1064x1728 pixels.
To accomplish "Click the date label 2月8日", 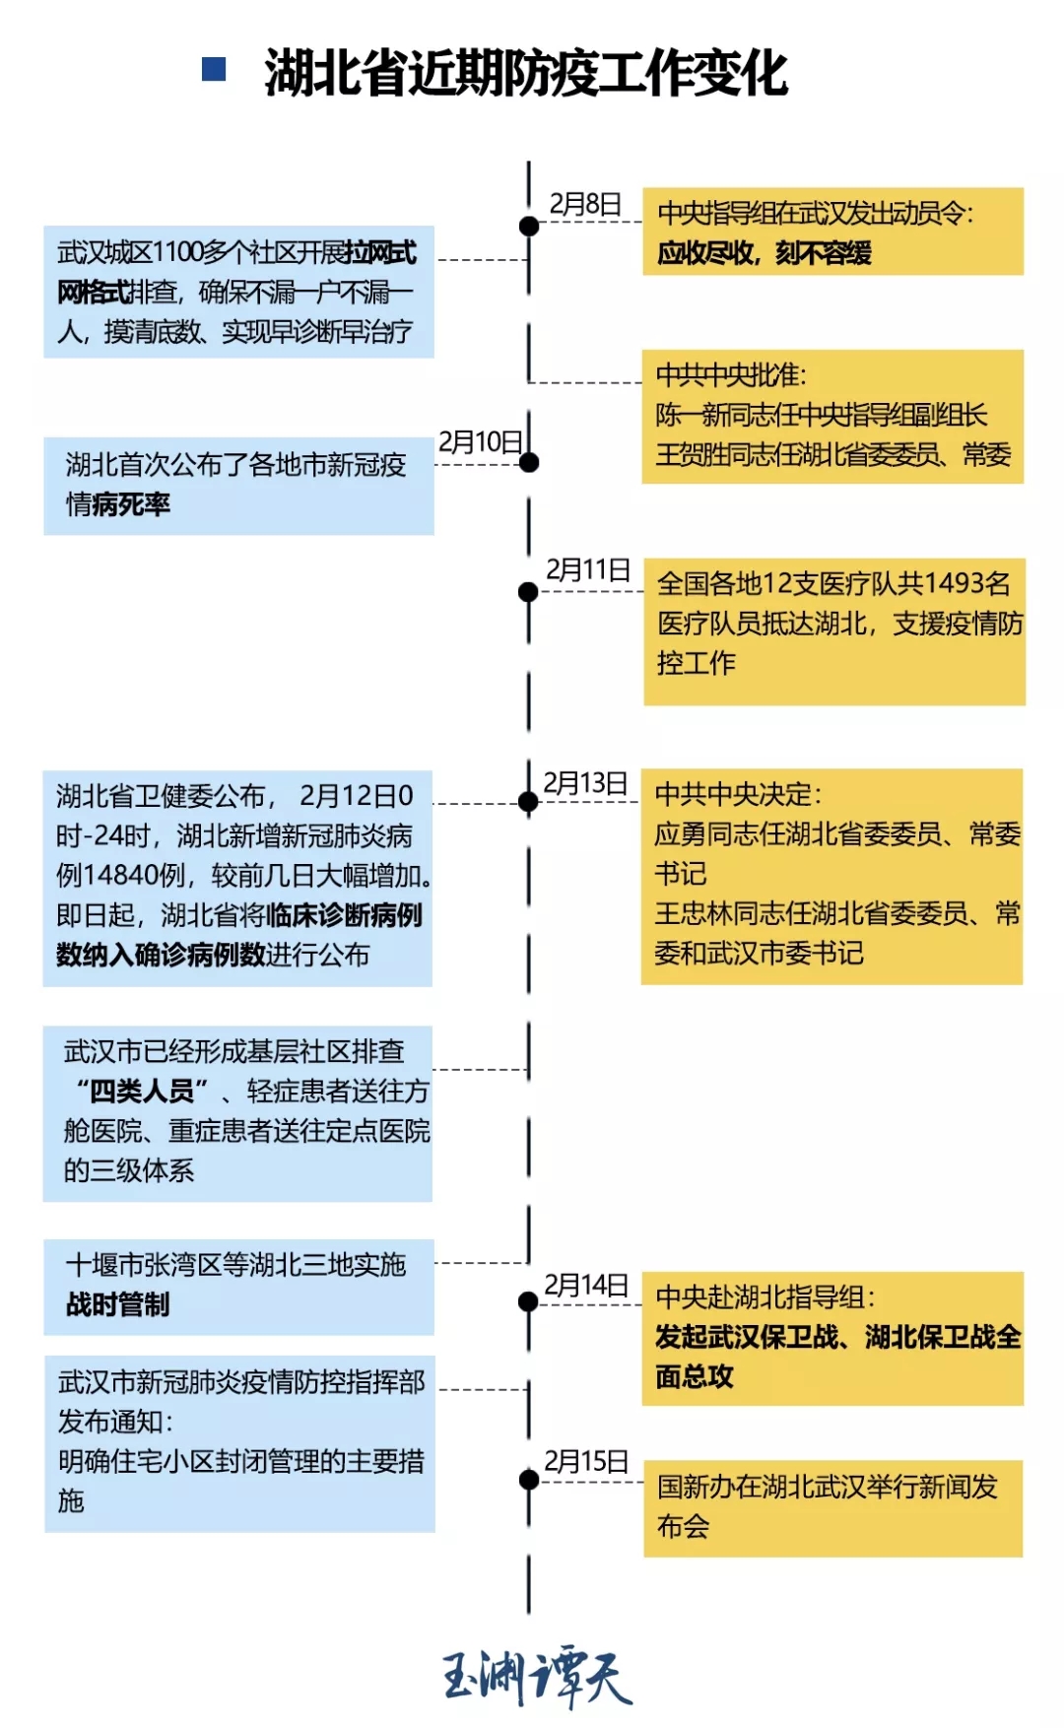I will click(585, 204).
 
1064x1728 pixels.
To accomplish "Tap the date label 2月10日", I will click(480, 441).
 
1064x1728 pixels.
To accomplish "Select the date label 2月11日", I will click(588, 569).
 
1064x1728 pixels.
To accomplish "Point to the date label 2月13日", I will click(585, 783).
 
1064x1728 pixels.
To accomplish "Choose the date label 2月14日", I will click(586, 1285).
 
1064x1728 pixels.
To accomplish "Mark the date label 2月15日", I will click(586, 1461).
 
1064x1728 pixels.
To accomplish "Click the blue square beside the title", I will click(214, 69).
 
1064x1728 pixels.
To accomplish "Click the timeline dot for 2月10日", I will click(529, 462).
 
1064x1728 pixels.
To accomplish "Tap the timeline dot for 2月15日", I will click(529, 1480).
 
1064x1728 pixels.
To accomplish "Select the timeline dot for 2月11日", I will click(529, 592).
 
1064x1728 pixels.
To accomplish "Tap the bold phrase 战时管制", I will click(118, 1304).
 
